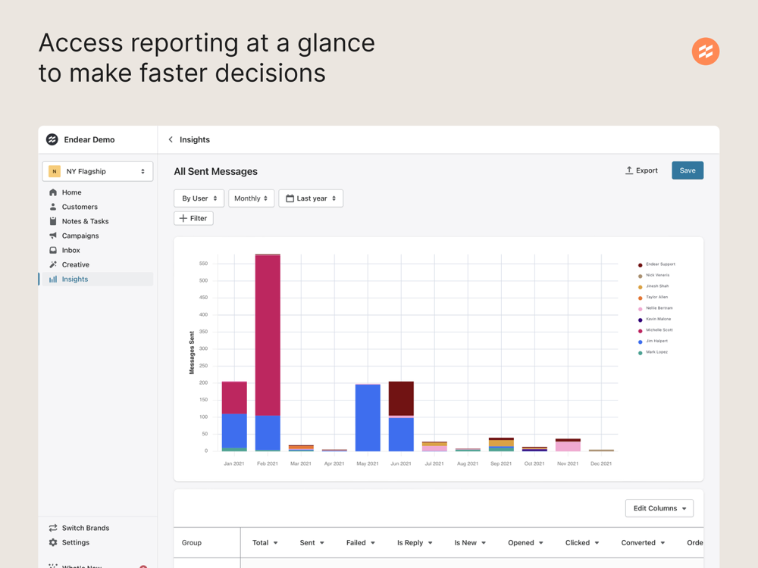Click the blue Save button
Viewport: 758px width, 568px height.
688,170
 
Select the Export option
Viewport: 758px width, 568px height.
641,170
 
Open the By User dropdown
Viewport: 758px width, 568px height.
199,198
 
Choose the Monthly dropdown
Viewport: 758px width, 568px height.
251,198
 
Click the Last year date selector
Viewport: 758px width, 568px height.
311,198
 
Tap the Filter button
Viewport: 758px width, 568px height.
193,218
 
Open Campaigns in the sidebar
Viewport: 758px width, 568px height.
80,236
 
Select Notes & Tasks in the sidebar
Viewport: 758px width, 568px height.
85,221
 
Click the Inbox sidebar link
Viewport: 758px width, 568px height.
70,250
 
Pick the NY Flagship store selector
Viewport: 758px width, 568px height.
98,171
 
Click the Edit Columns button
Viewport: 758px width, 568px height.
659,508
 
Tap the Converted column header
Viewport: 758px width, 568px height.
642,543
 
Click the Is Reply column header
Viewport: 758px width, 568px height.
415,543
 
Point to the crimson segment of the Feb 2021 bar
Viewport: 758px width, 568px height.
268,333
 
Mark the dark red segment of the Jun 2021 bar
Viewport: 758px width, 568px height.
401,398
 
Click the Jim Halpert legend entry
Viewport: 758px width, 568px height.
656,342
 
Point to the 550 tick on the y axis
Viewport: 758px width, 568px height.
203,264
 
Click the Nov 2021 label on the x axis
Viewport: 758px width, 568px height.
568,463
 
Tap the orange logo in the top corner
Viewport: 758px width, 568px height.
706,51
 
